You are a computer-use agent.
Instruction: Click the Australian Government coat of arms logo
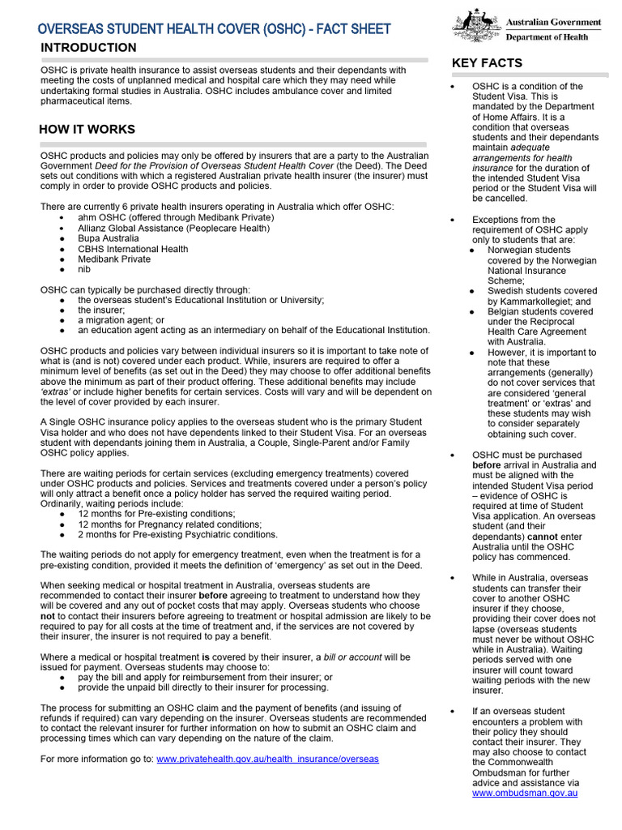click(x=475, y=26)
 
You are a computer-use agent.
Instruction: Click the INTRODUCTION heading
click(x=88, y=48)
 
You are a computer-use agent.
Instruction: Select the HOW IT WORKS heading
click(x=87, y=130)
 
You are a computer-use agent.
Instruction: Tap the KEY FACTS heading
click(x=487, y=63)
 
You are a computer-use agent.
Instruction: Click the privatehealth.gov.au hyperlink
click(x=267, y=759)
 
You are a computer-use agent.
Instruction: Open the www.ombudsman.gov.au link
click(x=524, y=794)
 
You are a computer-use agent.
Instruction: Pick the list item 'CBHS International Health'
click(x=133, y=249)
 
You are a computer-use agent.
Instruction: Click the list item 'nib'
click(x=84, y=269)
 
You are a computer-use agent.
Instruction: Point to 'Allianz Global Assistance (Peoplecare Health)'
click(x=173, y=229)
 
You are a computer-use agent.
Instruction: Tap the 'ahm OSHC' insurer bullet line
click(x=176, y=217)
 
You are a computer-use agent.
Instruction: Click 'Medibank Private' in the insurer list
click(x=113, y=259)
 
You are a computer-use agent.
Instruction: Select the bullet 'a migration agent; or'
click(x=121, y=320)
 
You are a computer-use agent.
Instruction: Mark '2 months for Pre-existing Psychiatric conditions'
click(x=177, y=535)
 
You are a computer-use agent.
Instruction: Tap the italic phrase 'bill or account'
click(x=354, y=657)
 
